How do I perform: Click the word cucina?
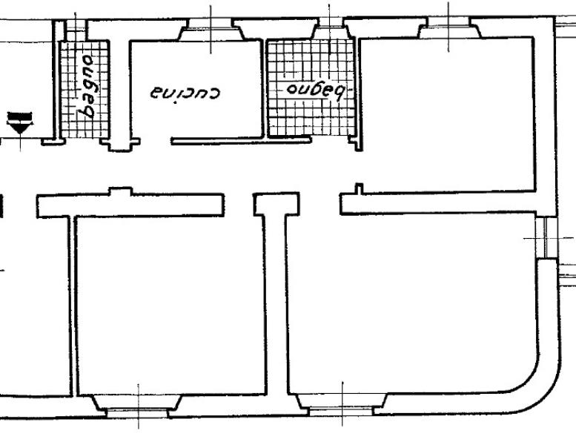coord(185,93)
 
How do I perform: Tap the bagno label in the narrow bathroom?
coord(85,87)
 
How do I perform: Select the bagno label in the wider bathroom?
coord(316,90)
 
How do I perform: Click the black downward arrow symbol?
coord(19,123)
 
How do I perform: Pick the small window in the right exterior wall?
coord(546,238)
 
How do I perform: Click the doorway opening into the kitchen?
coord(156,141)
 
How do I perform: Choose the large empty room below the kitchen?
coord(171,305)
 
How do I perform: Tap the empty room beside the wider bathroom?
coord(447,114)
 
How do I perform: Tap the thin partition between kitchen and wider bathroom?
coord(264,88)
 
